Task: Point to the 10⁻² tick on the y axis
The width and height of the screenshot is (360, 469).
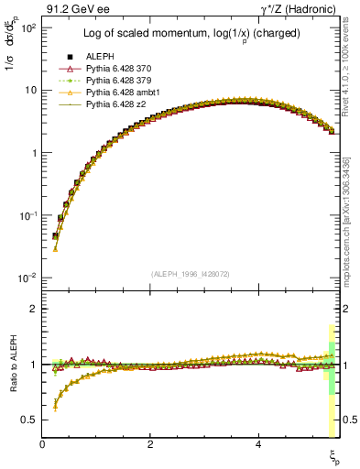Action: pos(27,278)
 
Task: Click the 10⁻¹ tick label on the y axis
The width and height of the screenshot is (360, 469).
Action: pos(27,215)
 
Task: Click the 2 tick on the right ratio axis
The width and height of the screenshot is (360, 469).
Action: pos(347,309)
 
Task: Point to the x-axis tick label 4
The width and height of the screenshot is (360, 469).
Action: pos(258,443)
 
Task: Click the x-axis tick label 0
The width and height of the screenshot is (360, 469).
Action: pos(43,443)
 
